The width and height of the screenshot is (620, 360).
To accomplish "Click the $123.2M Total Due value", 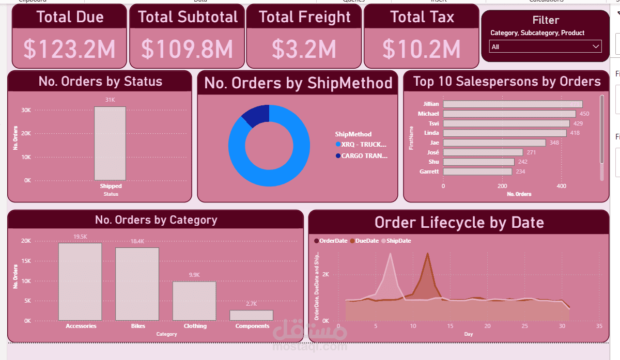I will pyautogui.click(x=69, y=49).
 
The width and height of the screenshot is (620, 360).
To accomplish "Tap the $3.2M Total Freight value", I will pyautogui.click(x=304, y=49).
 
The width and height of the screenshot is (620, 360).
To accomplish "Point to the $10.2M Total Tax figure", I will pyautogui.click(x=421, y=49).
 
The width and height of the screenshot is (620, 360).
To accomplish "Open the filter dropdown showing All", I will pyautogui.click(x=545, y=46).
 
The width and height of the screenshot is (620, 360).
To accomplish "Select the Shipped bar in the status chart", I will pyautogui.click(x=110, y=143).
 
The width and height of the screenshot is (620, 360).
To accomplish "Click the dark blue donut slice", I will pyautogui.click(x=255, y=116).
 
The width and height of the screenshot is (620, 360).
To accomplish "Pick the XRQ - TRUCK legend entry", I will pyautogui.click(x=364, y=145).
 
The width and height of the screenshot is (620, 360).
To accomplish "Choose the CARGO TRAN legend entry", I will pyautogui.click(x=364, y=155).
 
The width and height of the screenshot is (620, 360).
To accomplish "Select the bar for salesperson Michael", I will pyautogui.click(x=509, y=114).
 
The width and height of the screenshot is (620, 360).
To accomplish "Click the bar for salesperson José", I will pyautogui.click(x=483, y=152).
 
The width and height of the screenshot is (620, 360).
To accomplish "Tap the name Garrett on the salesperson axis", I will pyautogui.click(x=429, y=171).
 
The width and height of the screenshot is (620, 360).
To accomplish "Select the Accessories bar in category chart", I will pyautogui.click(x=80, y=281).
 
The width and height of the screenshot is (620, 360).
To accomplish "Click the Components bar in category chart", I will pyautogui.click(x=252, y=315).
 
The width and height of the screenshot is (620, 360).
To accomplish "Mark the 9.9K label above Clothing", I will pyautogui.click(x=194, y=275).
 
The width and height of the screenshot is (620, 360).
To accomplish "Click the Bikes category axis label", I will pyautogui.click(x=138, y=326).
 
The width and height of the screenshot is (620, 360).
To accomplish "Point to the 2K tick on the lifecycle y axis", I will pyautogui.click(x=326, y=274).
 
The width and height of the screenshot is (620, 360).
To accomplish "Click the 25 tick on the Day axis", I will pyautogui.click(x=524, y=326).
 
